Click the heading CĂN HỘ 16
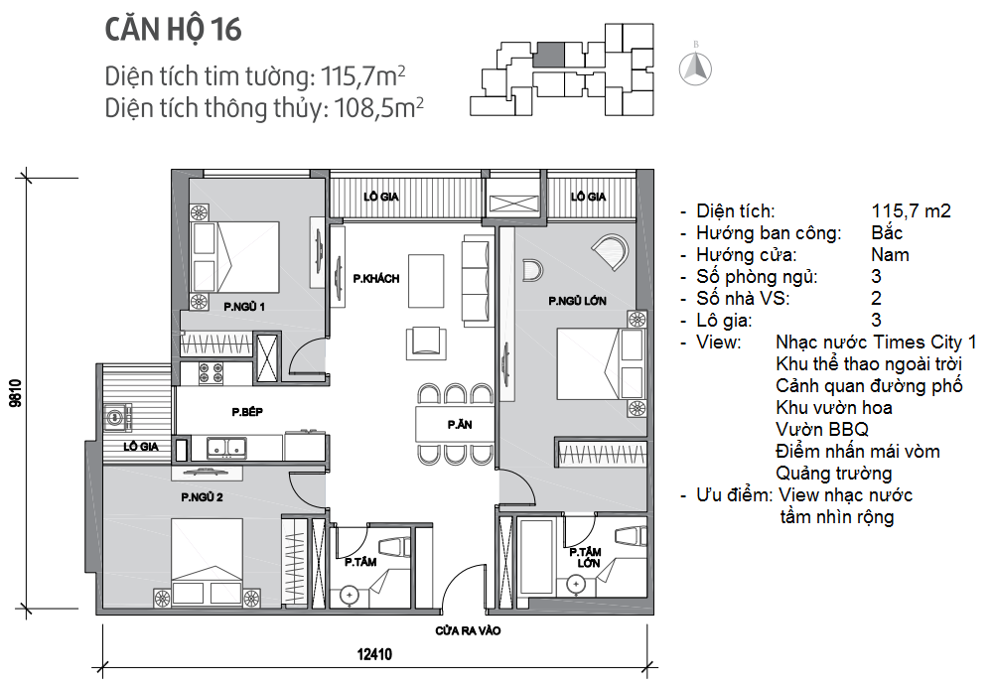pos(173,30)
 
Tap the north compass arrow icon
pos(695,68)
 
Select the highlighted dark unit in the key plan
pos(548,55)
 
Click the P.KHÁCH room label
pos(376,279)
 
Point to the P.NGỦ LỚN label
pos(577,301)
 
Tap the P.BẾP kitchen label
pos(247,412)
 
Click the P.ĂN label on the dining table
pos(459,424)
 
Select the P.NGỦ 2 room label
pos(202,497)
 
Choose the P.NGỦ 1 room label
pos(244,307)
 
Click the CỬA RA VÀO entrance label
pos(468,630)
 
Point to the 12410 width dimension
pos(374,654)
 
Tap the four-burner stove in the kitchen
pos(211,373)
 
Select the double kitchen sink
pos(226,448)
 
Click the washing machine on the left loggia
pos(118,417)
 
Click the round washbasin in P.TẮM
pos(349,596)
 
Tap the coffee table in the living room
pos(426,281)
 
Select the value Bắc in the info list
pos(887,233)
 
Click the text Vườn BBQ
pos(822,429)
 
